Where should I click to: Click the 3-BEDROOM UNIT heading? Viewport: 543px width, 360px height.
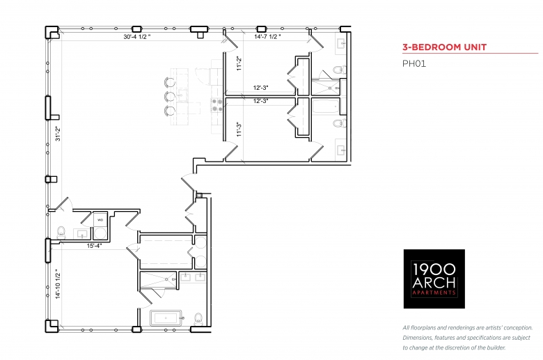tap(444, 47)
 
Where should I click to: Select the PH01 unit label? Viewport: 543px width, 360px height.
tap(414, 64)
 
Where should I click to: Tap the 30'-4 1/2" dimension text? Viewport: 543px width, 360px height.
tap(137, 36)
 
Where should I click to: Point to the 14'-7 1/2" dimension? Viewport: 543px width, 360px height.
tap(267, 36)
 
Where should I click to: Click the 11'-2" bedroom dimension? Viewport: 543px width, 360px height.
tap(239, 63)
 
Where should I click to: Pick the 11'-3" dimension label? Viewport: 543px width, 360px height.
tap(239, 129)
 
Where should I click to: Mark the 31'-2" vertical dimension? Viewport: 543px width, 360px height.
tap(58, 134)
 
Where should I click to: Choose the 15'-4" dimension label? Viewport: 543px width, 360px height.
tap(94, 246)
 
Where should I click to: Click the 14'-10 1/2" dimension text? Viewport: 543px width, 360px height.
tap(58, 284)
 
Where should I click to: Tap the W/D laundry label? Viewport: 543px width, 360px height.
tap(100, 220)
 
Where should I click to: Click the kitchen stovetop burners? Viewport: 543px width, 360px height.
tap(217, 105)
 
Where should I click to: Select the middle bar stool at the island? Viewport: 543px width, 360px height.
tap(169, 96)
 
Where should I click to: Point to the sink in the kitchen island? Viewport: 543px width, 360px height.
tap(182, 94)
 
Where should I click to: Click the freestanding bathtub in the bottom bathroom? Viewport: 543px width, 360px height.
tap(166, 318)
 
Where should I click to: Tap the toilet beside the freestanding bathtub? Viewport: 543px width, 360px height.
tap(198, 318)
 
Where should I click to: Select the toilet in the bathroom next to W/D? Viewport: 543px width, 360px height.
tap(62, 233)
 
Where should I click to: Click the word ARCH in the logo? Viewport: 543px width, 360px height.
tap(434, 283)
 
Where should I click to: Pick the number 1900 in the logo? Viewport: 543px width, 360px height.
tap(434, 269)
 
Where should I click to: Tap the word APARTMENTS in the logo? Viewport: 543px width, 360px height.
tap(434, 292)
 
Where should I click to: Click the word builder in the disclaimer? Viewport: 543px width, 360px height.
tap(496, 347)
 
